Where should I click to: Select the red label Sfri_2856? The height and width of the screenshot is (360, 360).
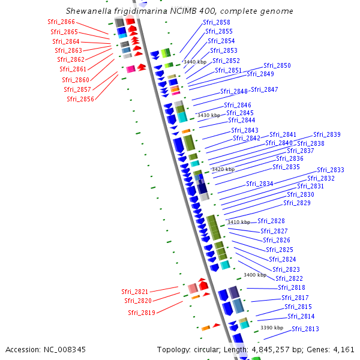(x=80, y=99)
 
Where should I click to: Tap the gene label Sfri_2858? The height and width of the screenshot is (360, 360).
(x=217, y=22)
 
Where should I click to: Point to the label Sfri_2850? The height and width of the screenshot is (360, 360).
(x=277, y=65)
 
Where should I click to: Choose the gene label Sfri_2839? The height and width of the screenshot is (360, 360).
(x=326, y=134)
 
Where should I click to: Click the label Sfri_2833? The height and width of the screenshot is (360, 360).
(x=330, y=170)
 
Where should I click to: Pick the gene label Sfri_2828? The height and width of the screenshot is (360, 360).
(x=271, y=221)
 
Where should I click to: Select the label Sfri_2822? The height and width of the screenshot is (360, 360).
(x=289, y=278)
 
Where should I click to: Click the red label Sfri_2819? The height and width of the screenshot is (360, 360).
(x=141, y=313)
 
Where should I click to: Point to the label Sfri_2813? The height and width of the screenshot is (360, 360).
(x=305, y=329)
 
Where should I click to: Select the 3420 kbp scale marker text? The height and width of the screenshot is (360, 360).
(x=223, y=170)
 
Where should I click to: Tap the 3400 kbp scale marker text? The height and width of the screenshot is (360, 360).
(x=254, y=275)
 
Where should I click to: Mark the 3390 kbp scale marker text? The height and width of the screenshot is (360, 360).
(x=272, y=328)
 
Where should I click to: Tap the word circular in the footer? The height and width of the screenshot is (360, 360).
(x=209, y=349)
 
